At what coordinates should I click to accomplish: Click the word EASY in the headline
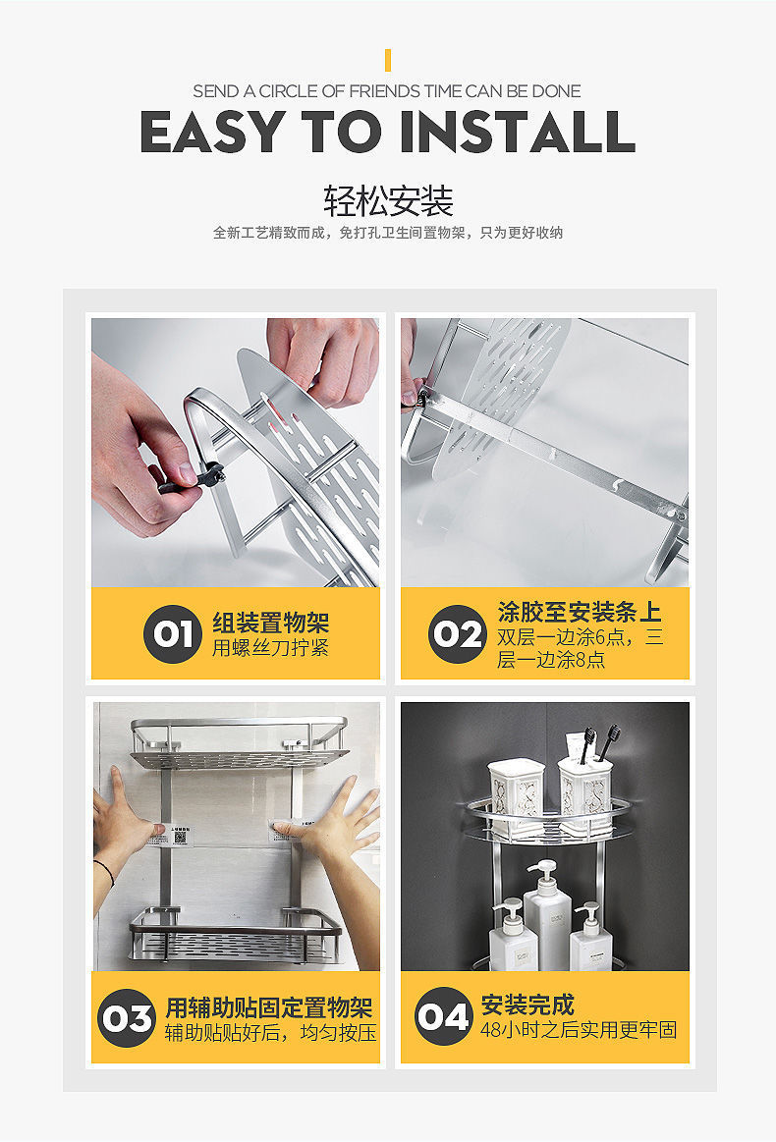(x=212, y=132)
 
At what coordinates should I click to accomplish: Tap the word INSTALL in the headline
(x=517, y=132)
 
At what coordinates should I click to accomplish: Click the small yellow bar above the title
(x=388, y=61)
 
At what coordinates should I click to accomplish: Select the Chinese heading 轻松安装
(x=388, y=201)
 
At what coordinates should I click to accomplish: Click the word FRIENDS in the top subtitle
(x=385, y=91)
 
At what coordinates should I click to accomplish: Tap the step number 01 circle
(x=172, y=633)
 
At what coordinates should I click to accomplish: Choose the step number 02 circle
(x=457, y=633)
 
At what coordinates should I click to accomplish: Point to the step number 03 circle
(x=127, y=1018)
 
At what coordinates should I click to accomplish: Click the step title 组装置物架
(x=271, y=623)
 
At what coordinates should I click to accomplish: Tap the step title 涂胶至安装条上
(x=580, y=612)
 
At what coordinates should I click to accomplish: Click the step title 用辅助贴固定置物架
(x=269, y=1008)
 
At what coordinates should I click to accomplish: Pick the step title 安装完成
(x=527, y=1006)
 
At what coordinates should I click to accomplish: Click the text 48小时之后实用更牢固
(x=579, y=1030)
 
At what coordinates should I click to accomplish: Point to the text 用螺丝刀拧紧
(x=270, y=647)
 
